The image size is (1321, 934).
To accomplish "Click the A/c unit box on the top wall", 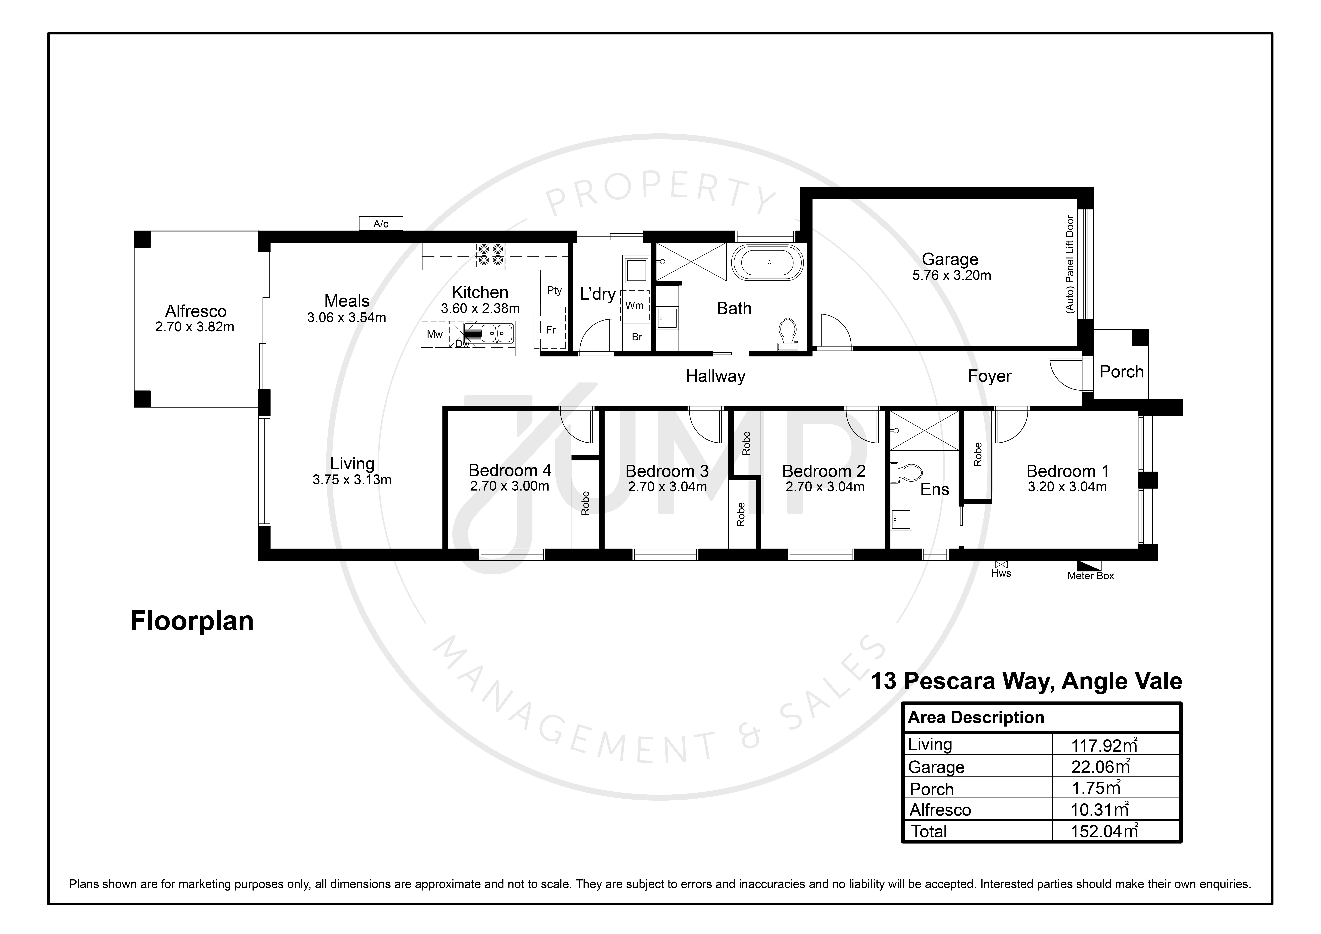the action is (x=381, y=223).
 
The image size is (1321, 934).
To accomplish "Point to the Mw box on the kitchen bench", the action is (x=435, y=334).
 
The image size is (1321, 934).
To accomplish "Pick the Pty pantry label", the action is (x=554, y=291).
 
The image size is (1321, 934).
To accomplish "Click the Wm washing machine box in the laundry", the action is (x=635, y=306).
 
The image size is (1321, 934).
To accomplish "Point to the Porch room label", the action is (x=1121, y=372).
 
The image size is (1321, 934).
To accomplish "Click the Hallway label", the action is (x=715, y=376).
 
